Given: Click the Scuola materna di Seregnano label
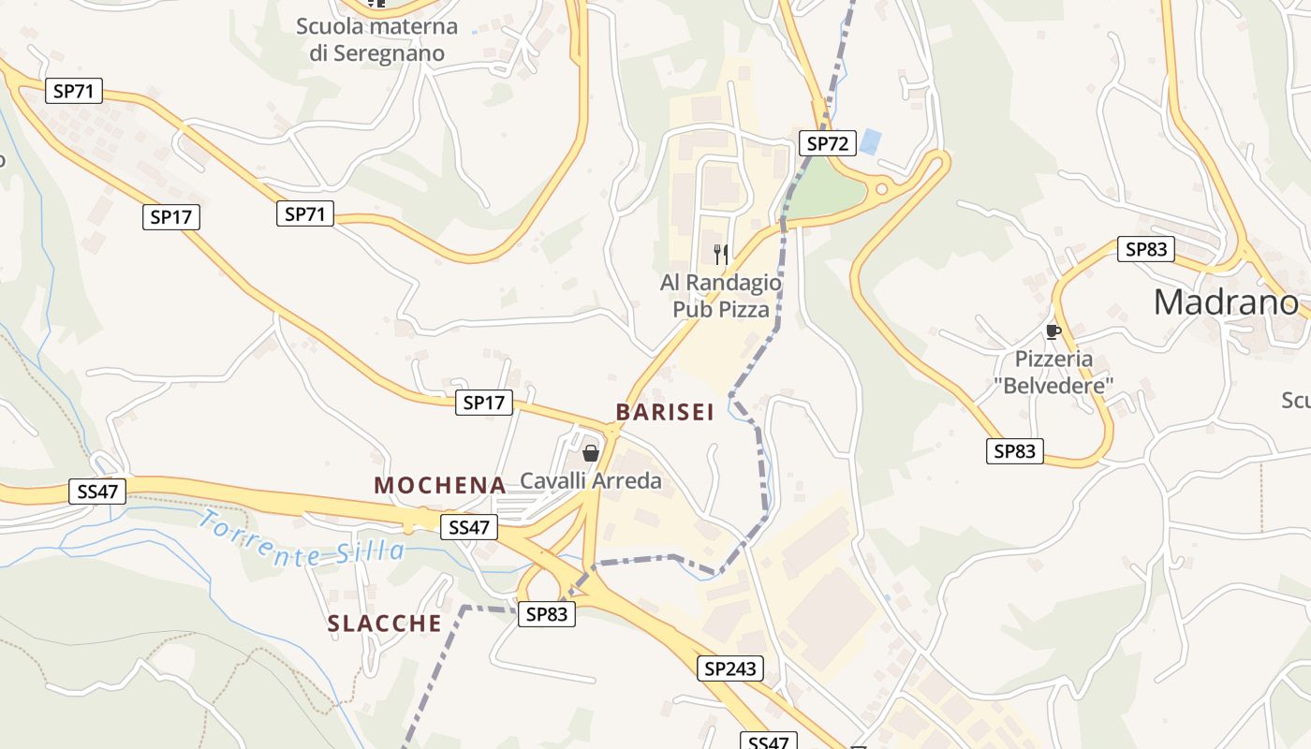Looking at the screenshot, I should click(376, 39).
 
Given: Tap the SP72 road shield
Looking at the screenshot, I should click(828, 143).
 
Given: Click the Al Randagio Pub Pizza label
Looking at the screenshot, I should click(720, 296).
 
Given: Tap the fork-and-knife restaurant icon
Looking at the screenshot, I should click(721, 254).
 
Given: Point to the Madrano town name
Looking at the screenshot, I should click(1226, 302).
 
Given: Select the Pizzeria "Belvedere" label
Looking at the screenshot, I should click(1053, 372).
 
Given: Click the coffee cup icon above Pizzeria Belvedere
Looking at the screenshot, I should click(1053, 331).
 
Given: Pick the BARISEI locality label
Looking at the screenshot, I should click(665, 412).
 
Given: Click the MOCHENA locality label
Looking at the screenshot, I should click(440, 485).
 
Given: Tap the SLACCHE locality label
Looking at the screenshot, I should click(384, 624).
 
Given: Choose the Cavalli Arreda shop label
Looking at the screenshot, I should click(591, 481).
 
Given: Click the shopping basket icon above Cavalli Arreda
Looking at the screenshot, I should click(591, 454).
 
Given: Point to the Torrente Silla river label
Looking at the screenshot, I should click(302, 541).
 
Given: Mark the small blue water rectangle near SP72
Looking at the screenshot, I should click(871, 142).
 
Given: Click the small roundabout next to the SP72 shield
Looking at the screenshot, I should click(880, 189).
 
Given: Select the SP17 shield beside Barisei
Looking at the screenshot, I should click(484, 404).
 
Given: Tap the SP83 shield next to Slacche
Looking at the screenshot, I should click(547, 614).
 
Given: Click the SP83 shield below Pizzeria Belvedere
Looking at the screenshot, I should click(1015, 451).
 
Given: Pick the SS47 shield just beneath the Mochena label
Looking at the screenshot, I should click(469, 527).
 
